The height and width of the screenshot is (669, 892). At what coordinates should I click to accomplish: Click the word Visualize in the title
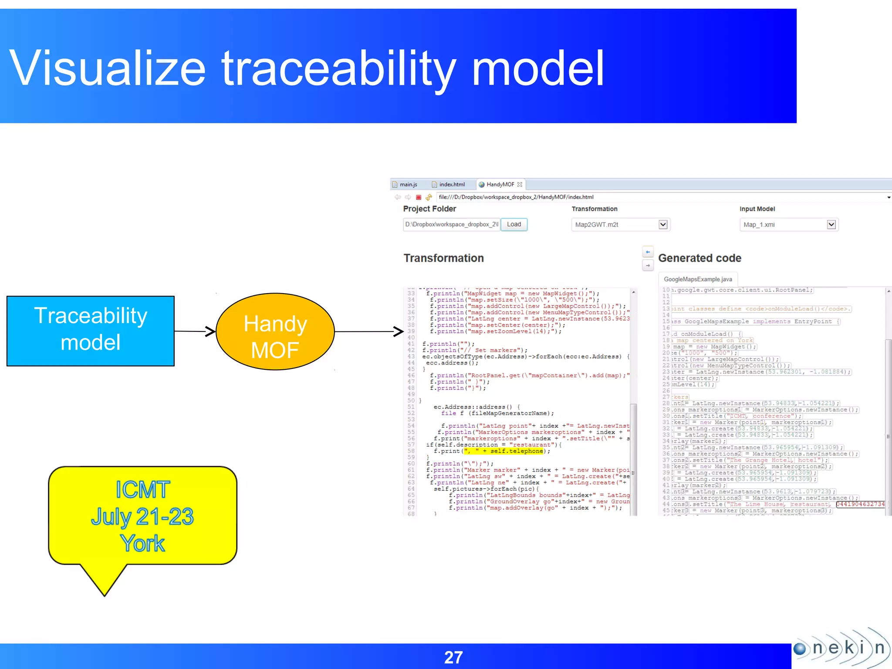coord(107,68)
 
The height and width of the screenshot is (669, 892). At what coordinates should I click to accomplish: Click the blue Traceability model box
coord(91,331)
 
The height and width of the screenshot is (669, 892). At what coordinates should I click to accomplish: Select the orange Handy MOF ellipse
coord(275,332)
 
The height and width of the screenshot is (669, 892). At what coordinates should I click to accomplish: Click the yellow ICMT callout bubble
coord(142,516)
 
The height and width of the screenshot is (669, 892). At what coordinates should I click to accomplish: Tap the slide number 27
coord(453,657)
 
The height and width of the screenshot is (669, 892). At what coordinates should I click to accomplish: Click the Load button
coord(514,224)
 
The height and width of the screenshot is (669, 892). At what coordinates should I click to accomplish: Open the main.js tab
coord(408,185)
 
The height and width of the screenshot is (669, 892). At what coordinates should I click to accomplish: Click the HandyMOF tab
coord(500,185)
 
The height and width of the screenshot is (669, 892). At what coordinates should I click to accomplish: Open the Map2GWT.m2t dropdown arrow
coord(663,225)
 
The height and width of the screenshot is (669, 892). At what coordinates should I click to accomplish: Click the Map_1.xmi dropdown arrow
coord(831,225)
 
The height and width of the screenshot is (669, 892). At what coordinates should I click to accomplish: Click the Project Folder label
coord(429,209)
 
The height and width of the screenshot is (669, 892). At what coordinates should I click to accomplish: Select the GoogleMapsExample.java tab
coord(698,279)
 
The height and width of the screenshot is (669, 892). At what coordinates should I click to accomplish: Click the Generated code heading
coord(699,258)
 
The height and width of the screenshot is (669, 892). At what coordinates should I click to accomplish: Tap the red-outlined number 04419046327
coord(860,504)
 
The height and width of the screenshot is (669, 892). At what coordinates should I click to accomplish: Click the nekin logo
coord(841,648)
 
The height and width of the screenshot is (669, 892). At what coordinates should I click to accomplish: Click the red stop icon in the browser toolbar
coord(419,197)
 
